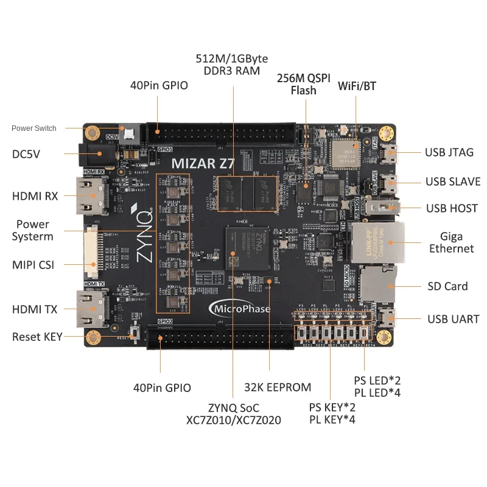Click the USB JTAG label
coord(449,152)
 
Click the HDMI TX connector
coord(91,309)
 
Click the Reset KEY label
coord(37,337)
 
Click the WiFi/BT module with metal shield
coord(348,152)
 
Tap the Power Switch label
coord(34,128)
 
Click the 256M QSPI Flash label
coord(304,85)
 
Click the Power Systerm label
coord(33,231)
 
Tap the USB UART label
coord(453,319)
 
